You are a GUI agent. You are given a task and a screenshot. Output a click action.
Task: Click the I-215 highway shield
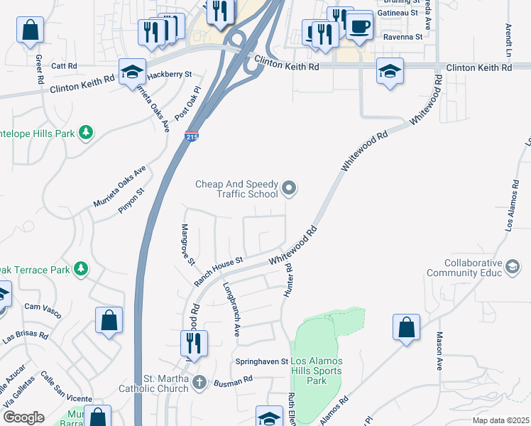(191, 137)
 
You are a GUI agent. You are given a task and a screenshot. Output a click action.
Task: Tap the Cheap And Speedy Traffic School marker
(289, 188)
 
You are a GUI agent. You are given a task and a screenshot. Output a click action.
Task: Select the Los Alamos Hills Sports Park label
(317, 371)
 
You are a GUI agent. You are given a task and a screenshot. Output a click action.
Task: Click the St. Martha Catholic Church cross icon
(200, 382)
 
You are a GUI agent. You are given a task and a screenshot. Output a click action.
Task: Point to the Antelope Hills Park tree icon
(86, 132)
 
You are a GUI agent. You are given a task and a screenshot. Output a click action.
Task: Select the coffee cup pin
(359, 27)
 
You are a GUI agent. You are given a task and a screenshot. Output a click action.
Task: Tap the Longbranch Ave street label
(231, 310)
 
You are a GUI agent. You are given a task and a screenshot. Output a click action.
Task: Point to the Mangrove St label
(187, 244)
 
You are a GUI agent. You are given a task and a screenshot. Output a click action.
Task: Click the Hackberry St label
(170, 74)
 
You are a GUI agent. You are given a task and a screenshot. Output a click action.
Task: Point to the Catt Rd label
(64, 65)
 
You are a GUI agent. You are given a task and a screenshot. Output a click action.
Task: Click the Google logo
(23, 417)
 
